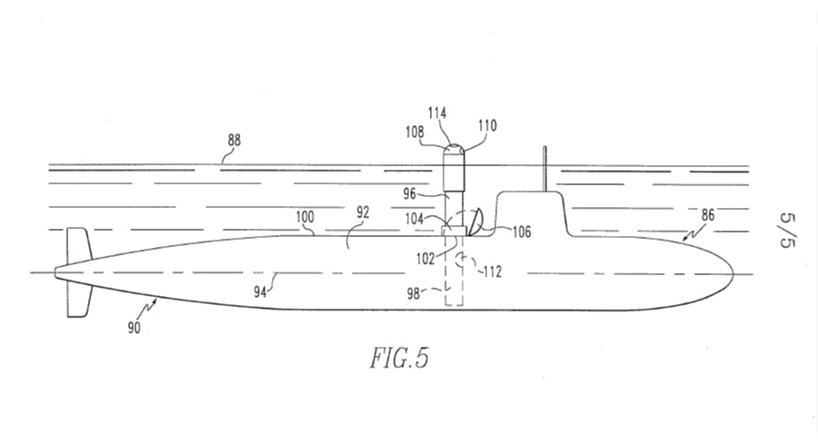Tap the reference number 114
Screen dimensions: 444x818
437,113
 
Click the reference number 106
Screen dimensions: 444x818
521,232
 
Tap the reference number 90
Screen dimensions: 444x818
134,327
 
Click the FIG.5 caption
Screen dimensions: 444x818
397,357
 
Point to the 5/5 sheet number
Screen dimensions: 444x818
788,232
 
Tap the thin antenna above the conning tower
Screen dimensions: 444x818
543,170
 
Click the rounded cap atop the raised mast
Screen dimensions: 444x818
455,148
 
